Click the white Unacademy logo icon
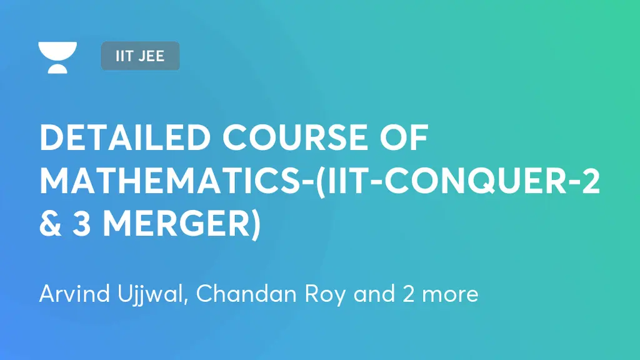[57, 57]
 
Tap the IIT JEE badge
[140, 56]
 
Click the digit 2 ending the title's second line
[589, 182]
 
